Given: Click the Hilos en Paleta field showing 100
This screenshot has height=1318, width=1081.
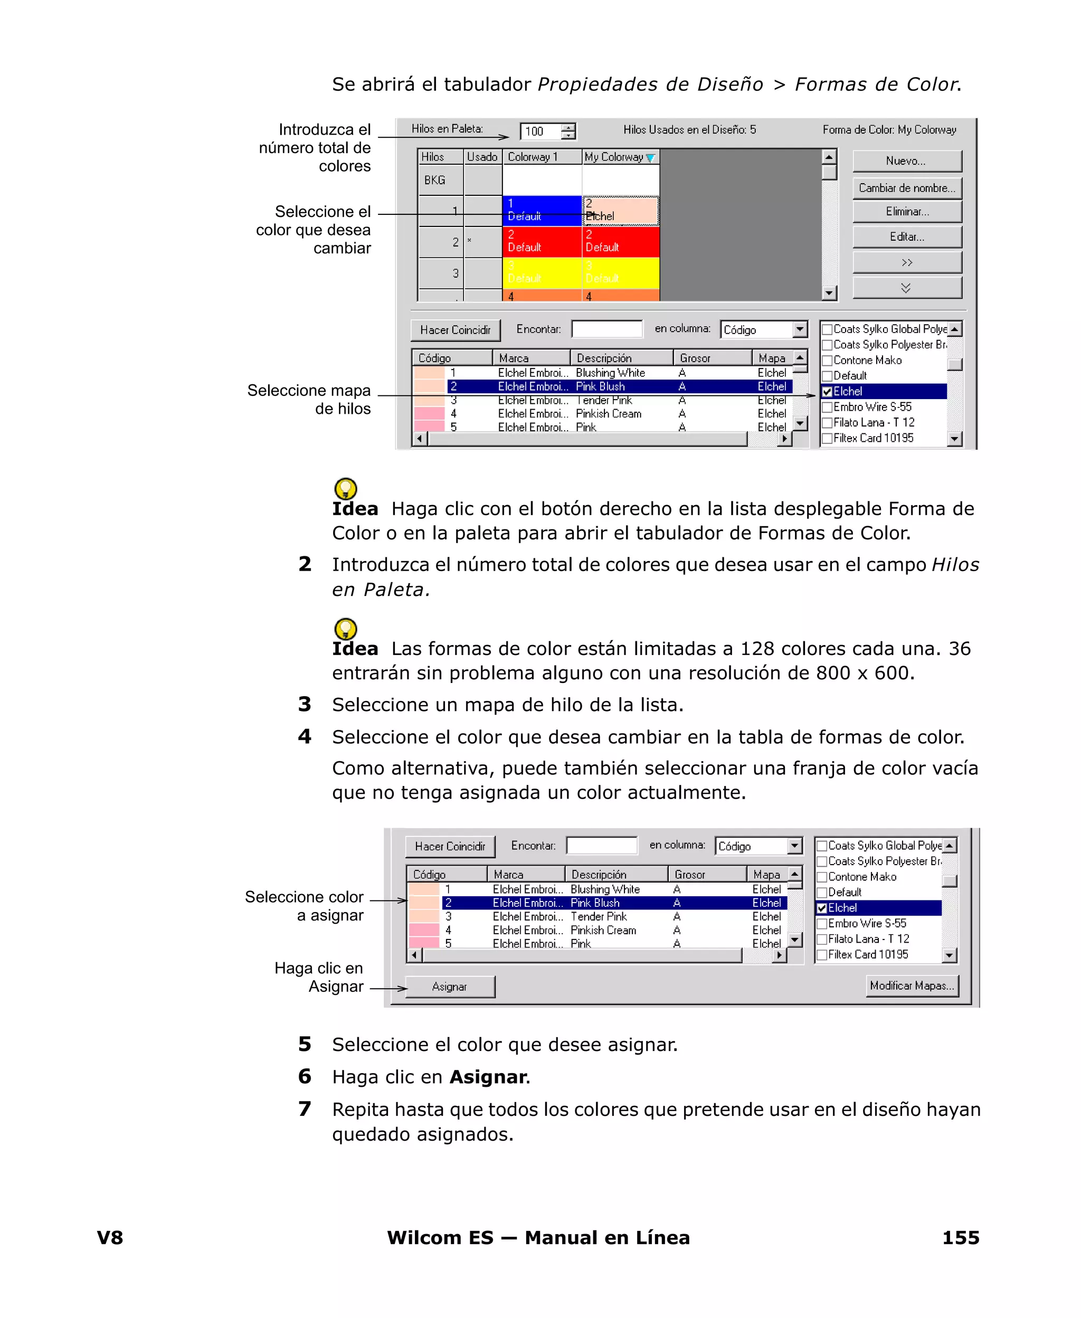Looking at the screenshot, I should point(540,131).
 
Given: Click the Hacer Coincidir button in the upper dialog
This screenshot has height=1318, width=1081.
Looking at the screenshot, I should point(455,330).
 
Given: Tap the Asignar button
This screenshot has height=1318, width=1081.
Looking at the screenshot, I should point(450,986).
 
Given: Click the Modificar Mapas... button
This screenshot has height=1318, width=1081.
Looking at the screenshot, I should point(912,985).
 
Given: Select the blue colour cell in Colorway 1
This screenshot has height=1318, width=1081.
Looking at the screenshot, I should point(541,211).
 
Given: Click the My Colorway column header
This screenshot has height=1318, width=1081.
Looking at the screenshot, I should point(620,157).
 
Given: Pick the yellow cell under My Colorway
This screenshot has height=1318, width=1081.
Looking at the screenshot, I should point(620,273).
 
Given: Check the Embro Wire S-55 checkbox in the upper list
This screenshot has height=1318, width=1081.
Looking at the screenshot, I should point(827,407).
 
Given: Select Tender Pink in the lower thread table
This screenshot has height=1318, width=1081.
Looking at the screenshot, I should point(598,916).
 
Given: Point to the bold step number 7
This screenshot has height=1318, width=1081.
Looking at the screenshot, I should point(304,1109).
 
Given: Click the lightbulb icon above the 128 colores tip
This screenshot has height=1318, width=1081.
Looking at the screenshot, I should point(346,628).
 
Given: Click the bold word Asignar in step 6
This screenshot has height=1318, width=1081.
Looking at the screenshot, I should point(488,1076).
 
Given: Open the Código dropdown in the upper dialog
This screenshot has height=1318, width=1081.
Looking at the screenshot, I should point(800,329).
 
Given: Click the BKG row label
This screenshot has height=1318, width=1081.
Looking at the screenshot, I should point(434,181).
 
